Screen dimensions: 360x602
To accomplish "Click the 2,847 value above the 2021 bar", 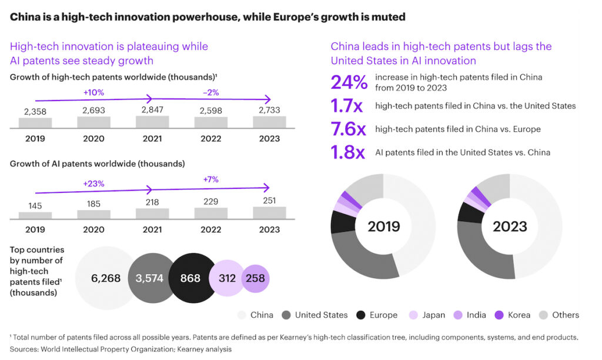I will [152, 110].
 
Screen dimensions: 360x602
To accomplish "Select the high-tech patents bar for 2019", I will [35, 123].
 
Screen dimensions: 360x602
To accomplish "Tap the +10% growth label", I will [93, 92].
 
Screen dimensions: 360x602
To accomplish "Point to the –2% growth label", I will [211, 92].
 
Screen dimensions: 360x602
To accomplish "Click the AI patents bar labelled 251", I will [269, 212].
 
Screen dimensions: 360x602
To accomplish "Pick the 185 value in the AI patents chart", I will [93, 204].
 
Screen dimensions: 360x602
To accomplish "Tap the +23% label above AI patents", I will [93, 183].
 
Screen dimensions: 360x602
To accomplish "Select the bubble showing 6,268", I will [106, 278].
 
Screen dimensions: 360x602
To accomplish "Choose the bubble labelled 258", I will [255, 278].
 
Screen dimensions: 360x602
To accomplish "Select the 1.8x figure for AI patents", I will [348, 152].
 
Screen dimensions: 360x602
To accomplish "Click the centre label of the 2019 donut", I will [383, 226].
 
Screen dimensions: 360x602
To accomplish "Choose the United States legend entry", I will [321, 315].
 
